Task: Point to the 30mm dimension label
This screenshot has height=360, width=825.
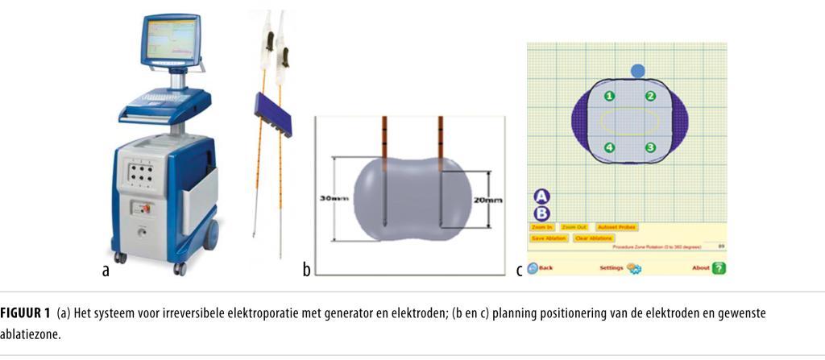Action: point(334,199)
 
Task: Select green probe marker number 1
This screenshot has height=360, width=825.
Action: point(610,96)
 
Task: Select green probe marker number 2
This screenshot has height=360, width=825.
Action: point(651,96)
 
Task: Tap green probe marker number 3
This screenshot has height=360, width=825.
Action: point(651,147)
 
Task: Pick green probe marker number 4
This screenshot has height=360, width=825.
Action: point(610,147)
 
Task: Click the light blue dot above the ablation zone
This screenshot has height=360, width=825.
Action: point(638,72)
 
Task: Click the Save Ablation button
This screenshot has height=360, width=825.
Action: point(548,238)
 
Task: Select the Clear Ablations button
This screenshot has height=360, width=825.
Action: point(593,238)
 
